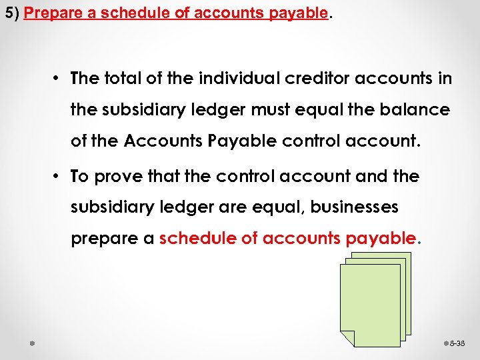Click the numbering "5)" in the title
click(11, 14)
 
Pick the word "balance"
click(417, 109)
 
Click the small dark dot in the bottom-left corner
click(32, 343)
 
